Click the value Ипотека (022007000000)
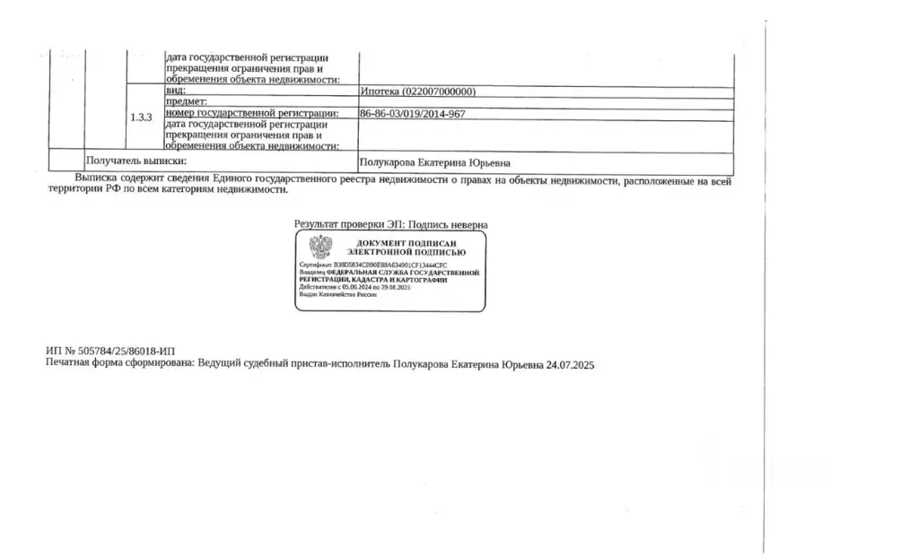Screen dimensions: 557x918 417,91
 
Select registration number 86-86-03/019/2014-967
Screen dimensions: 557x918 412,114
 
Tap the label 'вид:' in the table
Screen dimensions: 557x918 174,91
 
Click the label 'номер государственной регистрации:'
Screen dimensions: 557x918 251,114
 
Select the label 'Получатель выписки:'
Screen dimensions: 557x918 136,161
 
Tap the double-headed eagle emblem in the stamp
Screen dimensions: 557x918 320,246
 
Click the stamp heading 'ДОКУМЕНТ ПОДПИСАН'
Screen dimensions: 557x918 407,244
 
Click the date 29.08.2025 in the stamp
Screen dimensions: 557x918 396,287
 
